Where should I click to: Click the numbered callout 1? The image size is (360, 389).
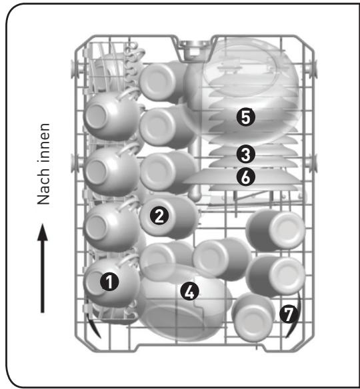[109, 282]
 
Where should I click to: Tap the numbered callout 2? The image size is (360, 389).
[159, 216]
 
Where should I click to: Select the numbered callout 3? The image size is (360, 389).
[246, 155]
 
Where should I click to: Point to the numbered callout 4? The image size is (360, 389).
[189, 292]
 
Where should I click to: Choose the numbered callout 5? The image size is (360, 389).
[246, 117]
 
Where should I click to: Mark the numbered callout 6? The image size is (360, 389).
[246, 177]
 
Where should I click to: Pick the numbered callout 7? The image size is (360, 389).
[289, 314]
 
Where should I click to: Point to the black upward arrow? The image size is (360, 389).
[43, 268]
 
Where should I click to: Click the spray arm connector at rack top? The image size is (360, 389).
[194, 51]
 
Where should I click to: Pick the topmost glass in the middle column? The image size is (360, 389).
[163, 83]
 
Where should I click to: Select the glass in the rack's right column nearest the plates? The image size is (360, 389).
[275, 230]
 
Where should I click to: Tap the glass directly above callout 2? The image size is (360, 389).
[167, 172]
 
